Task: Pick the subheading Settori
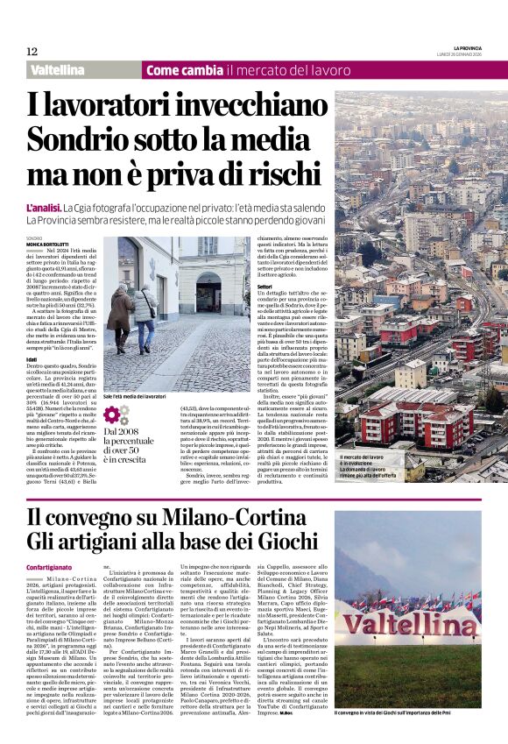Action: pyautogui.click(x=265, y=285)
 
